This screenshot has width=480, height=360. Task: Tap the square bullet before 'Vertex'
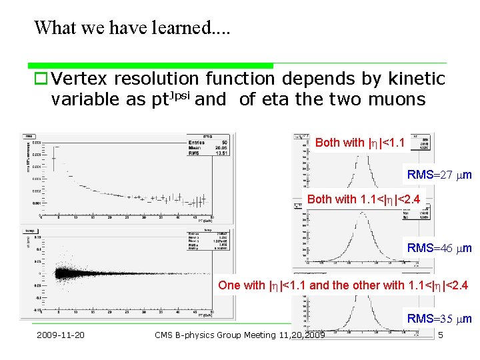(x=41, y=79)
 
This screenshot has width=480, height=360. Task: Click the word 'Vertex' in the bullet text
(x=79, y=79)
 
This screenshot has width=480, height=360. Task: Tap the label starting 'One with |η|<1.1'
(x=343, y=285)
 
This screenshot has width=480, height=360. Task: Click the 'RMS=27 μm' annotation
(x=439, y=175)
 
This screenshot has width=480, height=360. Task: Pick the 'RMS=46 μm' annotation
(x=439, y=248)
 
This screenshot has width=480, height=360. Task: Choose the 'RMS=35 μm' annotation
(x=439, y=319)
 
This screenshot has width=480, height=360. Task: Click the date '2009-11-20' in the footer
(x=61, y=334)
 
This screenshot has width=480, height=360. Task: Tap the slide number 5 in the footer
(x=441, y=334)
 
